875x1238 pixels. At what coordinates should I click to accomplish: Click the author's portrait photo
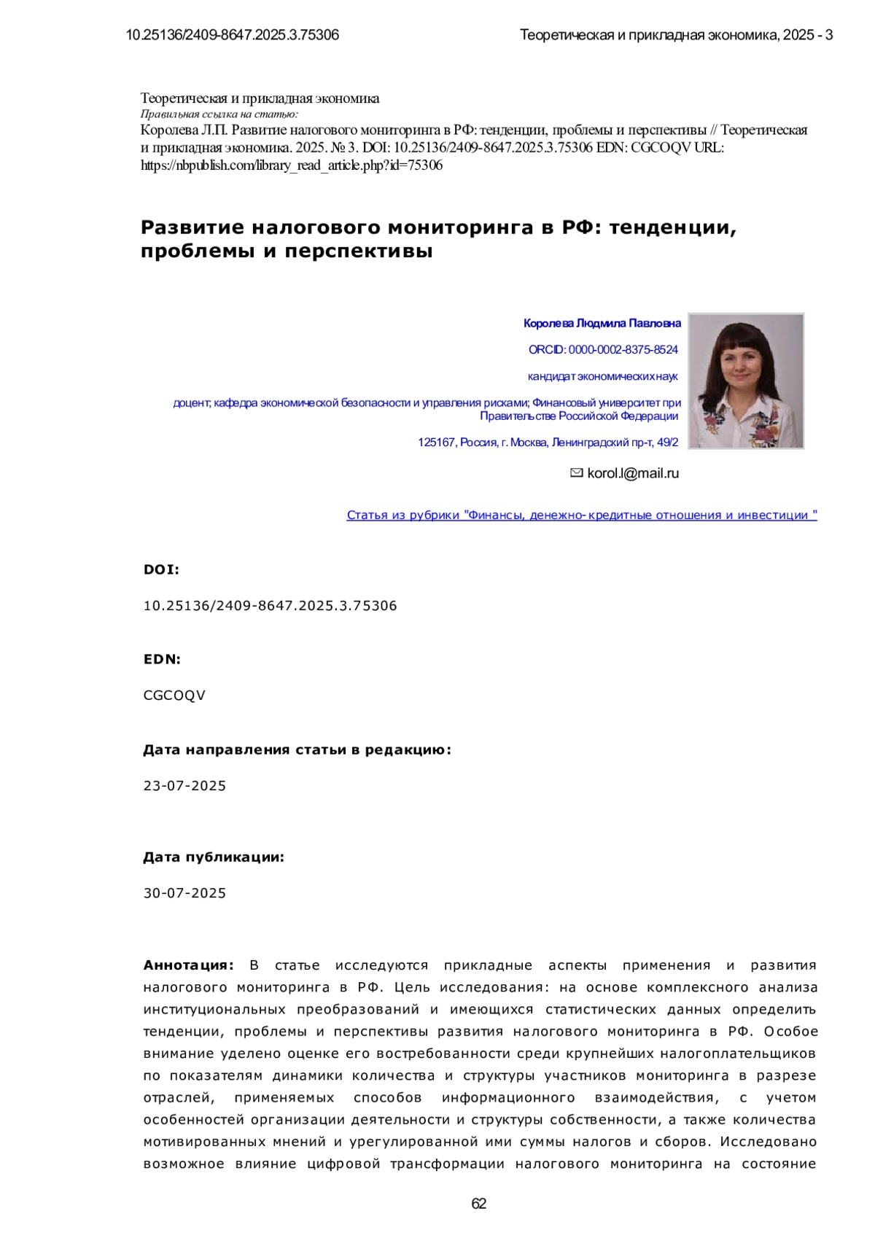pyautogui.click(x=745, y=381)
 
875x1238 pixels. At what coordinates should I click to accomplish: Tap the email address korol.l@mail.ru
pyautogui.click(x=632, y=473)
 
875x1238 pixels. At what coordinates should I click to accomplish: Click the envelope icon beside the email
pyautogui.click(x=576, y=473)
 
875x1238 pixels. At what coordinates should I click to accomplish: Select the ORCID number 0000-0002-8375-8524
pyautogui.click(x=623, y=350)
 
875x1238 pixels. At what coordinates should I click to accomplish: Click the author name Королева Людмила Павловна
pyautogui.click(x=602, y=323)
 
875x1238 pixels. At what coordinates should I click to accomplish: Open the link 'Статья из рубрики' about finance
pyautogui.click(x=581, y=515)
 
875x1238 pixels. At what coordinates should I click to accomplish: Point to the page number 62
pyautogui.click(x=479, y=1204)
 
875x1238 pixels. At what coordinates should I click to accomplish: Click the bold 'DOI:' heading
pyautogui.click(x=161, y=569)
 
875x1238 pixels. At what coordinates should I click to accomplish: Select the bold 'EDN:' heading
pyautogui.click(x=162, y=659)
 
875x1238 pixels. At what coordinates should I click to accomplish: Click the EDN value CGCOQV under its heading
pyautogui.click(x=174, y=696)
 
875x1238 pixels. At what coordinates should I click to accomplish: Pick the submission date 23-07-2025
pyautogui.click(x=184, y=786)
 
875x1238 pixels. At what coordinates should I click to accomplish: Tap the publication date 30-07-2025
pyautogui.click(x=184, y=893)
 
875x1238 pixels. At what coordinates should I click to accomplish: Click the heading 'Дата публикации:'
pyautogui.click(x=214, y=857)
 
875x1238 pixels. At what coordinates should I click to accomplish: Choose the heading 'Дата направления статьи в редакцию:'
pyautogui.click(x=297, y=750)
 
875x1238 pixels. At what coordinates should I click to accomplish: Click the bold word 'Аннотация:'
pyautogui.click(x=188, y=965)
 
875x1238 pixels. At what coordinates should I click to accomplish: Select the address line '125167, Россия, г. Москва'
pyautogui.click(x=548, y=443)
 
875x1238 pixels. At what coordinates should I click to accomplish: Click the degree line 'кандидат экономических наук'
pyautogui.click(x=602, y=376)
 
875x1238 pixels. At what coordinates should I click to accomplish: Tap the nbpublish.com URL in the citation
pyautogui.click(x=291, y=166)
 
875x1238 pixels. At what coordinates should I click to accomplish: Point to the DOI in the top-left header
pyautogui.click(x=232, y=35)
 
